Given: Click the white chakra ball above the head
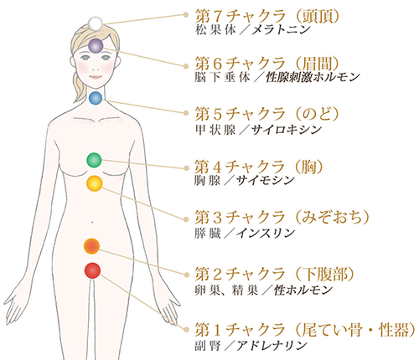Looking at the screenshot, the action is [x=96, y=23].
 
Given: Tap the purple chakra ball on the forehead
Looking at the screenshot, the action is [x=96, y=46].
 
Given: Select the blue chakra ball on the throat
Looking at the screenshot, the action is [x=96, y=98].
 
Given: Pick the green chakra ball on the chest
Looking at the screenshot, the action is [x=94, y=160].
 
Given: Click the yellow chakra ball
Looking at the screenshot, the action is [x=95, y=183].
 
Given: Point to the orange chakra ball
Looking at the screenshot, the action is [x=91, y=246].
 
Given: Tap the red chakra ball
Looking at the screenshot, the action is [x=92, y=270].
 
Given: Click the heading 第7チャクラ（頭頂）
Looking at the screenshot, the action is [x=267, y=16].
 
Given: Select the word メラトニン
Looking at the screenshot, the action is [x=281, y=30].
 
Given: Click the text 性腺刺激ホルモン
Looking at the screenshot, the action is [x=313, y=77].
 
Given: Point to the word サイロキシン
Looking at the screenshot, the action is [x=287, y=130].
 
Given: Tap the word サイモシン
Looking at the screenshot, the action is [x=266, y=181].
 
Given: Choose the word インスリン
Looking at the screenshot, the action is [x=266, y=233].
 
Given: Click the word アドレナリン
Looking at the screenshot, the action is [x=272, y=346].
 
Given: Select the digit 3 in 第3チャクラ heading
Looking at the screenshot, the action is [x=217, y=218].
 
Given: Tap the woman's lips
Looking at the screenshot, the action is [x=96, y=77].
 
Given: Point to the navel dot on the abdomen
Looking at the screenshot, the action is [x=92, y=223].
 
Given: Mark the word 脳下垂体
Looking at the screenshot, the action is [x=222, y=77].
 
